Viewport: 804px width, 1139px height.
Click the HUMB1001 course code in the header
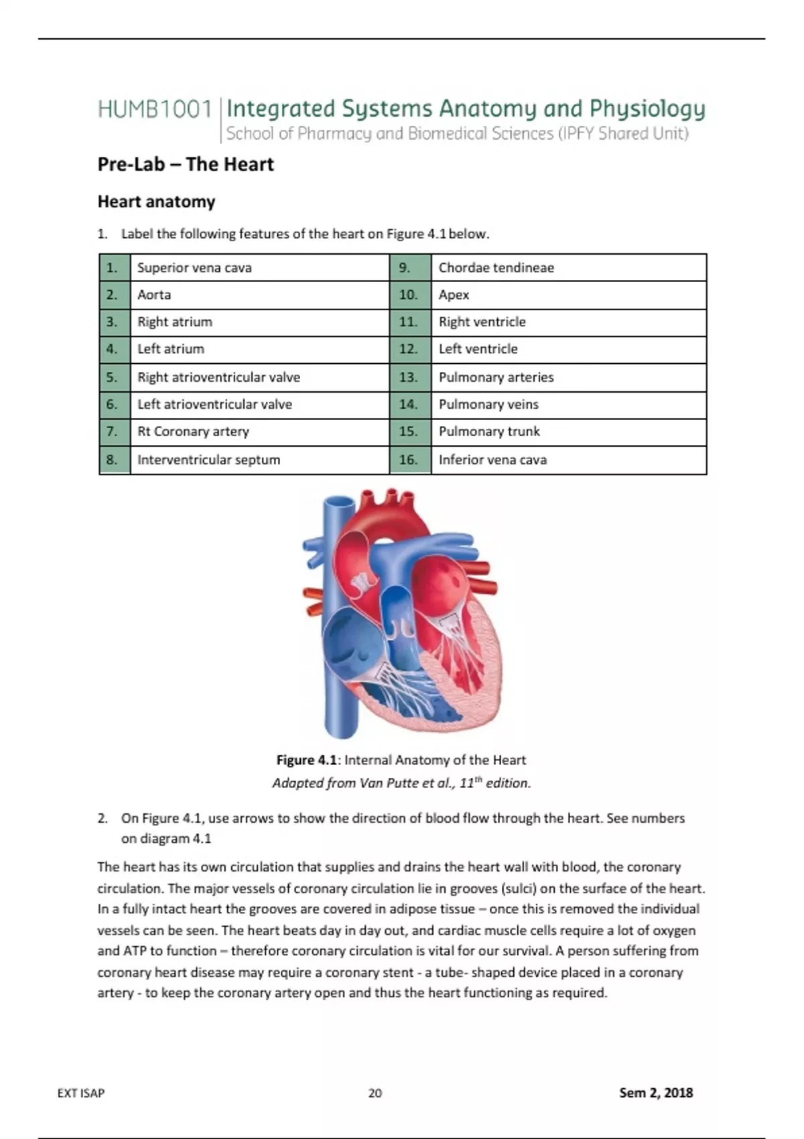point(155,109)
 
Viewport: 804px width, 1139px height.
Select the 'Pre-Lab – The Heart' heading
point(186,164)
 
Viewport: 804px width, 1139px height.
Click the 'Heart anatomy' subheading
point(156,202)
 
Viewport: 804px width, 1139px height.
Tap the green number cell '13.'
point(409,377)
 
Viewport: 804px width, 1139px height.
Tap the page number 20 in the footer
point(375,1093)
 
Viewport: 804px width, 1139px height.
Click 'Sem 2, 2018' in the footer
point(655,1093)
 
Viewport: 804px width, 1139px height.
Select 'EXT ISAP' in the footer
point(81,1093)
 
